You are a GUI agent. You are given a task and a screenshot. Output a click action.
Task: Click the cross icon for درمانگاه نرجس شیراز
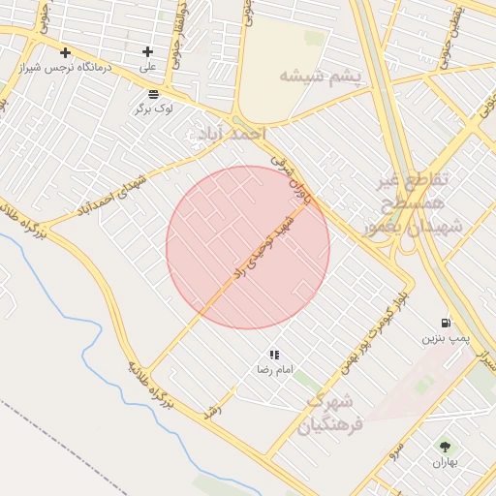click(x=65, y=52)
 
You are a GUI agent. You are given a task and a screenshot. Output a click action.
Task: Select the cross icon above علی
click(x=147, y=52)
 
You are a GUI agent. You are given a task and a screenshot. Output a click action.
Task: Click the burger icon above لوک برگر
click(x=154, y=94)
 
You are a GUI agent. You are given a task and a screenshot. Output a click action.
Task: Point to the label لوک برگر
click(x=154, y=108)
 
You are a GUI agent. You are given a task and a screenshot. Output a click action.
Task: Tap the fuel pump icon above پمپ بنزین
click(x=445, y=323)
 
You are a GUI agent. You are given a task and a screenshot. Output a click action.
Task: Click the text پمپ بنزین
click(x=445, y=338)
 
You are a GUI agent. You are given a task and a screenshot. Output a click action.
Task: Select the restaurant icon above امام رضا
click(x=274, y=355)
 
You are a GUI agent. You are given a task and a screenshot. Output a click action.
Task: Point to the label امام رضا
click(x=274, y=370)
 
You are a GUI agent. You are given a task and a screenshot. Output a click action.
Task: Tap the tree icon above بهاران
click(x=445, y=447)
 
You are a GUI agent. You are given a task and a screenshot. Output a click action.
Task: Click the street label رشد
click(x=214, y=411)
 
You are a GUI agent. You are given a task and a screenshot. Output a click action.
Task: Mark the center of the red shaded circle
click(x=248, y=247)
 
